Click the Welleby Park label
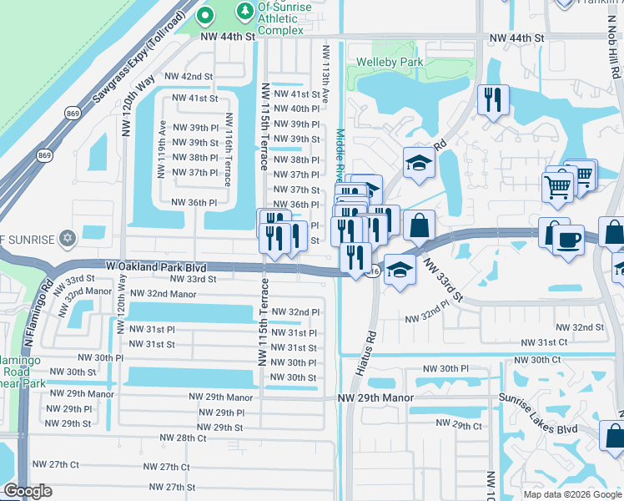pos(390,62)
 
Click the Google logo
pos(28,491)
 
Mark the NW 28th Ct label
pos(181,438)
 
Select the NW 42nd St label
pos(189,76)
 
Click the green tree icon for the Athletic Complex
pos(244,11)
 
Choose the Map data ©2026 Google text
pos(571,494)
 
